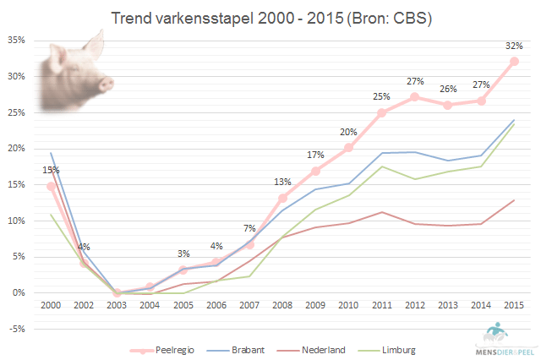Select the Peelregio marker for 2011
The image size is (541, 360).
381,112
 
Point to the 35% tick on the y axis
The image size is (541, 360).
15,40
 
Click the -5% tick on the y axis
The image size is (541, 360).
15,329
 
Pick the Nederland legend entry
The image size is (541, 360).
318,348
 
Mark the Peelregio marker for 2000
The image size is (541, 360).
52,186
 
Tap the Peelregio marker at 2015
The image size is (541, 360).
513,62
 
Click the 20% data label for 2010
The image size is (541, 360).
348,132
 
